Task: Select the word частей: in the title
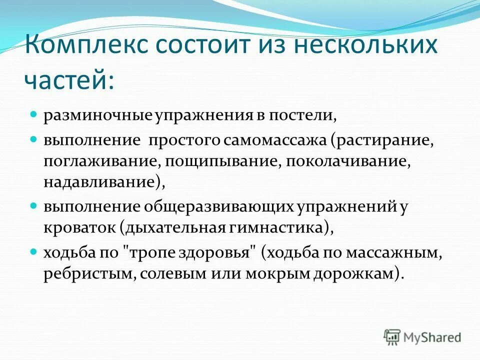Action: pyautogui.click(x=68, y=80)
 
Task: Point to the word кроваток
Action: pyautogui.click(x=79, y=228)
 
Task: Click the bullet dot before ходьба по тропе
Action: pyautogui.click(x=34, y=251)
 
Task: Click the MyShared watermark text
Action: pyautogui.click(x=432, y=337)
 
